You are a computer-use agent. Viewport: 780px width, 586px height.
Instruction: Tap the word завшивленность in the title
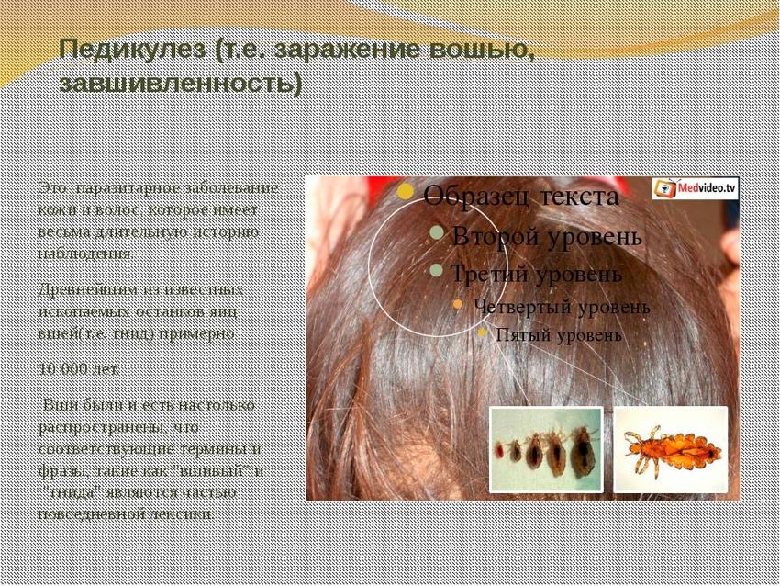point(180,84)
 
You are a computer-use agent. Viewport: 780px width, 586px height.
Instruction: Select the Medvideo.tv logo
point(696,188)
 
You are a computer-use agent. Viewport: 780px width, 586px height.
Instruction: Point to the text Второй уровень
point(547,235)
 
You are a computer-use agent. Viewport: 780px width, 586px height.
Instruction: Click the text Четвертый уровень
point(562,306)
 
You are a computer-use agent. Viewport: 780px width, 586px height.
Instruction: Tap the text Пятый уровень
point(558,335)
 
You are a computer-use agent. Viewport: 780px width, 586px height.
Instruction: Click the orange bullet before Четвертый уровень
point(457,304)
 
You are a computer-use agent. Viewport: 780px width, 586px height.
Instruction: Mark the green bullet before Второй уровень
point(438,233)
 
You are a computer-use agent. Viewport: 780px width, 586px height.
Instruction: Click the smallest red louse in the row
point(500,451)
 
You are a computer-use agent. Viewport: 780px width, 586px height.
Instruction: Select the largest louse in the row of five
point(582,450)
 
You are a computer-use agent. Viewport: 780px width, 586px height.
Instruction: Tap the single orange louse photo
point(669,449)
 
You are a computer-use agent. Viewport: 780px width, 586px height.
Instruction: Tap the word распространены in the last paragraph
point(93,427)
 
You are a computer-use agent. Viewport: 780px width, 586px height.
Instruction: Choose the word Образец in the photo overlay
point(474,197)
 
